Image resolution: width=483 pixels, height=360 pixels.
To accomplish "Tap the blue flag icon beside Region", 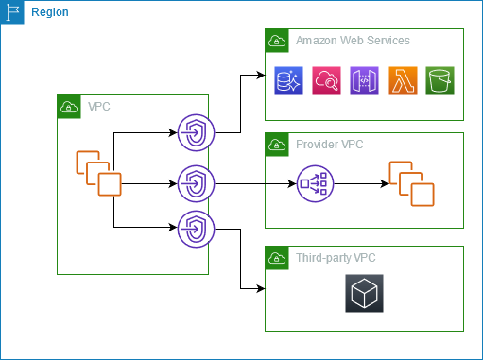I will [x=12, y=12].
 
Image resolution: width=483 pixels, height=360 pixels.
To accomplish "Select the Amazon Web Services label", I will [x=353, y=41].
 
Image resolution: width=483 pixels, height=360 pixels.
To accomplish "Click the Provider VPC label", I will [x=329, y=145].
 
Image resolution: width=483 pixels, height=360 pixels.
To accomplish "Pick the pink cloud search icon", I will [x=326, y=81].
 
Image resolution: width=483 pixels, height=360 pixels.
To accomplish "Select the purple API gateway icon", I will [x=364, y=81].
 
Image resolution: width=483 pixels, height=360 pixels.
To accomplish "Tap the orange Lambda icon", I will [x=402, y=81].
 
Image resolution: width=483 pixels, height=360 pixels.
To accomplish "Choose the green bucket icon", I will [x=440, y=81].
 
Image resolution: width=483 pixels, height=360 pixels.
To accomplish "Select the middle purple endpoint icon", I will [x=196, y=180].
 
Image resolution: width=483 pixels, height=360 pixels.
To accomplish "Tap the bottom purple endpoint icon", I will [x=196, y=228].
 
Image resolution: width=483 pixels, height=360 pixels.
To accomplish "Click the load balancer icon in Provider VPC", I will [x=314, y=181].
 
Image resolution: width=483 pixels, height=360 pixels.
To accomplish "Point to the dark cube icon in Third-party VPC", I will [x=364, y=294].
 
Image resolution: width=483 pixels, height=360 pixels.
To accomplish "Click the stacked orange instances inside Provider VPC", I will [x=411, y=182].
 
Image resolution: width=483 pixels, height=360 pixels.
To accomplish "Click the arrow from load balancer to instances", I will [x=358, y=181].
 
